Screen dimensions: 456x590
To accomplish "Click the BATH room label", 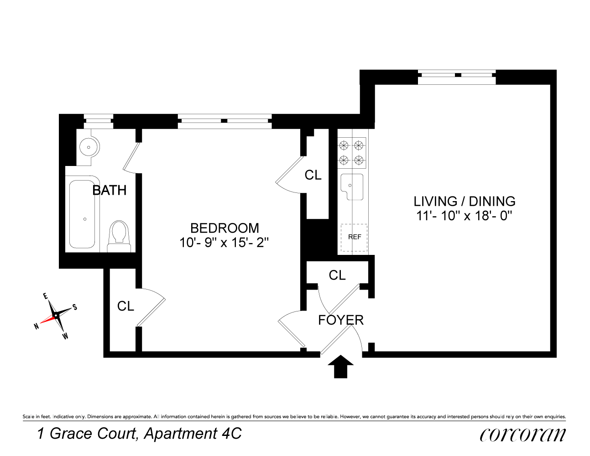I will pos(110,190).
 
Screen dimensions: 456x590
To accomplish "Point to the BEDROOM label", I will pos(225,228).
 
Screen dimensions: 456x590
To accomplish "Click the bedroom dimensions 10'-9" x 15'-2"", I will pos(225,243).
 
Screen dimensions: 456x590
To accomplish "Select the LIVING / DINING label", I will pos(465,201).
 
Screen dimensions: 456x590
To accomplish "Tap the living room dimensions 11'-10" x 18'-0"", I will pos(465,216).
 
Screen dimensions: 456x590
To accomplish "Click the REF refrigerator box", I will pos(354,237).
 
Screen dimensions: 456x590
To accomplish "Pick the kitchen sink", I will pos(352,186).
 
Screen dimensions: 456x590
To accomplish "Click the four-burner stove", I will pos(351,153).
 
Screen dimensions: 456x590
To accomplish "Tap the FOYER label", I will pos(341,320).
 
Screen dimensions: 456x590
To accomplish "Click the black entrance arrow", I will pos(341,367).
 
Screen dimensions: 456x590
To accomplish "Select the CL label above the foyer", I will pos(337,275).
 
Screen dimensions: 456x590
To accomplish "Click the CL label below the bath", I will pos(125,306).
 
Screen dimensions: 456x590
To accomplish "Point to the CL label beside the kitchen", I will pos(313,175).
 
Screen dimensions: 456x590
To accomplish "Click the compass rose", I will pos(56,315).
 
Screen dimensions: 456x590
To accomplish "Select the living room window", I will pos(457,77).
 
